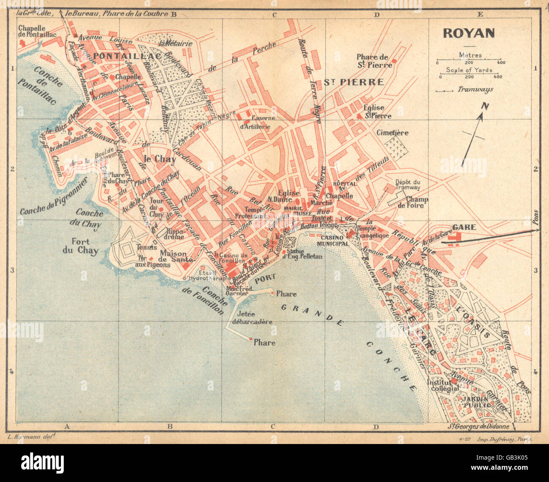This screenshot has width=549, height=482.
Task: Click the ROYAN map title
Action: [x=469, y=33]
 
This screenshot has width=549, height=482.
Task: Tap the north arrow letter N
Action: [x=485, y=106]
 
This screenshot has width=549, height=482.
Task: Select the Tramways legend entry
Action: [x=475, y=89]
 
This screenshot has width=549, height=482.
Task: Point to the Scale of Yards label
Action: [x=469, y=70]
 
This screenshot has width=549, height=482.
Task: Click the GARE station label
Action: [x=464, y=227]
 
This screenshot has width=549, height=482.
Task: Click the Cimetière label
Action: [x=392, y=133]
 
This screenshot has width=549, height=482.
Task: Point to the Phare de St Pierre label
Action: [x=372, y=61]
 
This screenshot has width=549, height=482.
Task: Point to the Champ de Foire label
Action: [x=417, y=203]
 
